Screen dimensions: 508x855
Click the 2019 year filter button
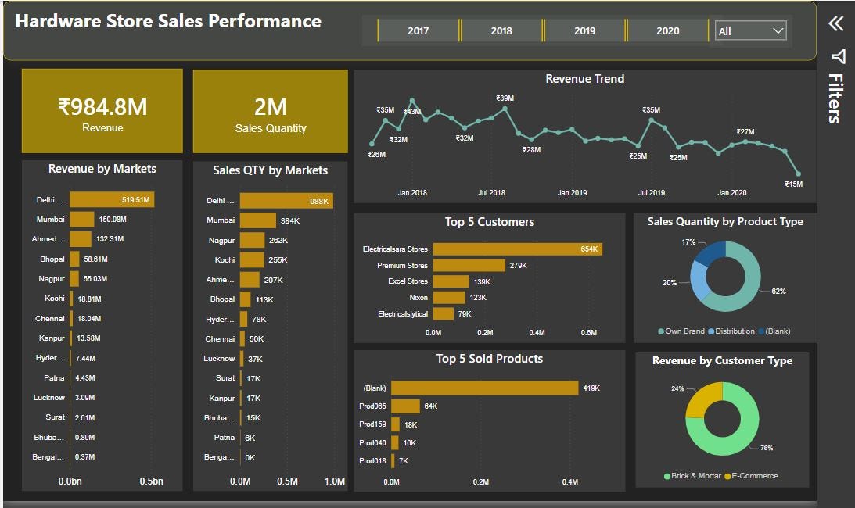[x=584, y=30]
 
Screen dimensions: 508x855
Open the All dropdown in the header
[x=750, y=30]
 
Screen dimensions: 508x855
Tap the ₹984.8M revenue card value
[x=102, y=106]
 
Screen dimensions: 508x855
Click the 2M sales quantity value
[x=270, y=106]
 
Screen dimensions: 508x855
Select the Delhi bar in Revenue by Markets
[x=111, y=200]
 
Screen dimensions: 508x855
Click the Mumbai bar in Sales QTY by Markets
[x=257, y=220]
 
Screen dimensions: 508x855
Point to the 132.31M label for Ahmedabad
[x=110, y=239]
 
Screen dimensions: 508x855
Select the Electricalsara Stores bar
[x=516, y=249]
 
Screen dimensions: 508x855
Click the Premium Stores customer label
[x=402, y=266]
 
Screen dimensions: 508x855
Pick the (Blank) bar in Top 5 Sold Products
[x=484, y=388]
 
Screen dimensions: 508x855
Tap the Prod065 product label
[x=373, y=406]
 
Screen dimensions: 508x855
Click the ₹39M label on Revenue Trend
[x=505, y=98]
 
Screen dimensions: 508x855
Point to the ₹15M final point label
[x=794, y=184]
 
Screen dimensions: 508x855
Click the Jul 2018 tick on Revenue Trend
[x=492, y=192]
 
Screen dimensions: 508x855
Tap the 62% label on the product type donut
[x=778, y=292]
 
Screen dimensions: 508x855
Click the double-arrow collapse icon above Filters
[x=836, y=23]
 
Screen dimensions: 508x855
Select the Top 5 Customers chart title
[x=490, y=222]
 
